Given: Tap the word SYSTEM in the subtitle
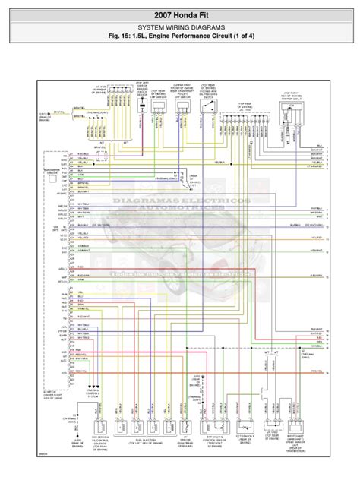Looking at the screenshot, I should pyautogui.click(x=142, y=30).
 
